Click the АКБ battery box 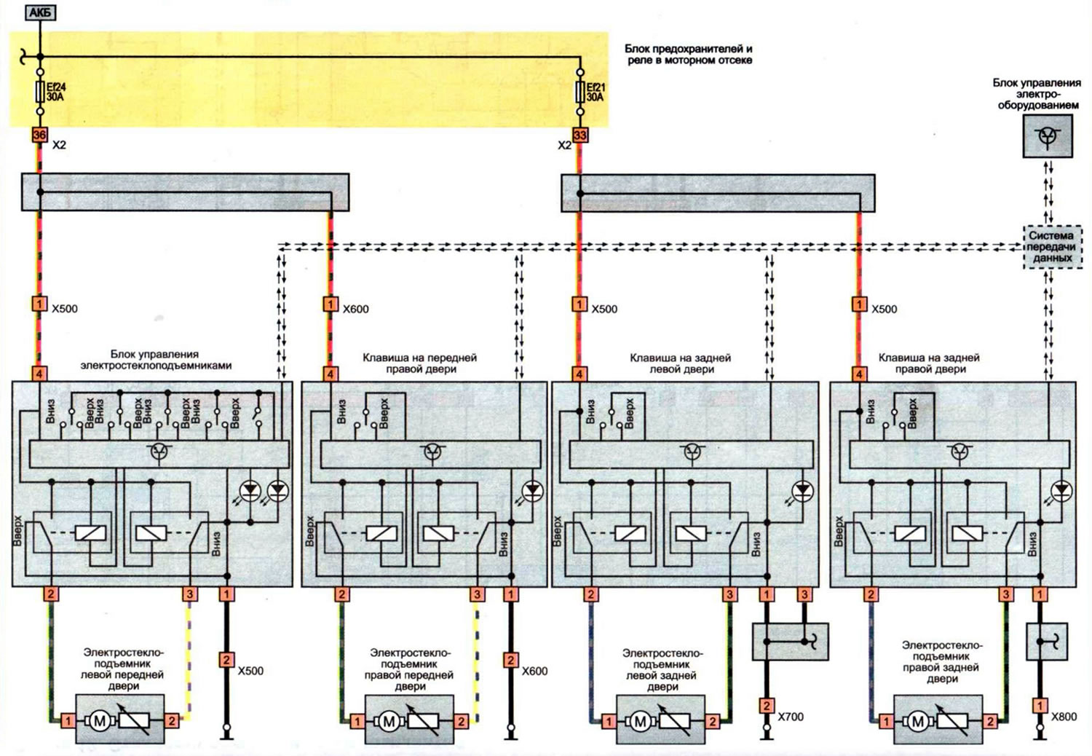coord(41,12)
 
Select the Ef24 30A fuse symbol coord(41,92)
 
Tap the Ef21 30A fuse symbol coord(580,92)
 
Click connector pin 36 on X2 coord(39,135)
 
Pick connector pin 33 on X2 coord(580,135)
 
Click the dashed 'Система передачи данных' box coord(1052,247)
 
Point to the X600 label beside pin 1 coord(355,310)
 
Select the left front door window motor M coord(100,720)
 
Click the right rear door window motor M coord(918,721)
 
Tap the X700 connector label coord(790,717)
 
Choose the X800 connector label coord(1063,717)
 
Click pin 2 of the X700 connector coord(767,705)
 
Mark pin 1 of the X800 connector coord(1040,705)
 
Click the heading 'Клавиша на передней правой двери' coord(420,363)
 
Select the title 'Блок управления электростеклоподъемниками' coord(156,360)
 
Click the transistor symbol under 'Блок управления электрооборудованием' coord(1048,136)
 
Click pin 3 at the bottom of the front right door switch coord(477,594)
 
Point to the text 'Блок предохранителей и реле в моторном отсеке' coord(689,55)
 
